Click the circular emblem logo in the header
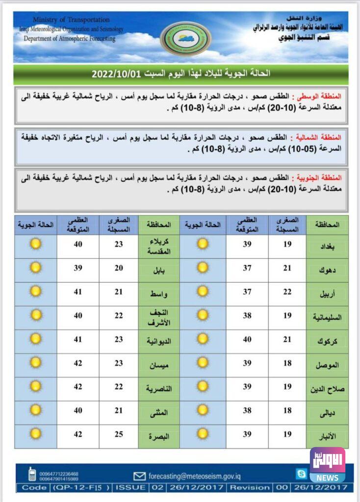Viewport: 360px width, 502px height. coord(186,39)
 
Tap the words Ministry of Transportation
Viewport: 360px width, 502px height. coord(71,20)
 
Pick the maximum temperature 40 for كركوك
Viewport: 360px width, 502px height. coord(247,340)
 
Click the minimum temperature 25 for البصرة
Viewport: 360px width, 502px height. coord(119,434)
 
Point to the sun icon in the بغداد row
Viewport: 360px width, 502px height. coord(203,243)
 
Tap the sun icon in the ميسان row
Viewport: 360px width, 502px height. coord(35,363)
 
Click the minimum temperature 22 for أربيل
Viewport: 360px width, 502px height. coord(287,292)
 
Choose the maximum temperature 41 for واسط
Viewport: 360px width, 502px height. coord(77,292)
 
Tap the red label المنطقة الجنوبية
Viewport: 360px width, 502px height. coord(319,177)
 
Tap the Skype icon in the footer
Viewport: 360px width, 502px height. coord(301,474)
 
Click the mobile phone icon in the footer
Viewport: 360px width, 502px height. coord(32,474)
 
